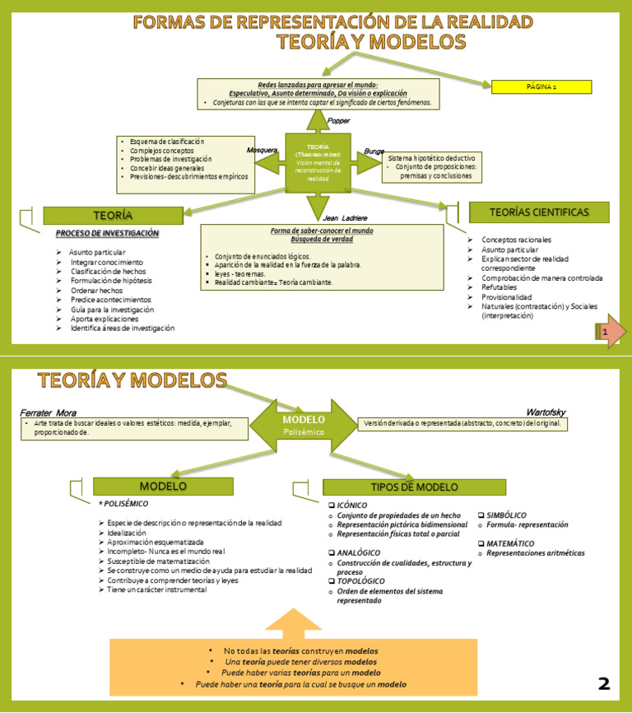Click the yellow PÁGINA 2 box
coord(541,86)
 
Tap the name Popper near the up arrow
coord(339,121)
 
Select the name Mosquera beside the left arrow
coord(262,150)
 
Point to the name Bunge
coord(374,151)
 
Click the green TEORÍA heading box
coord(113,215)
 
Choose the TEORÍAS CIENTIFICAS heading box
coord(539,212)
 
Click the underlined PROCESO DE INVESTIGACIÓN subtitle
coord(107,234)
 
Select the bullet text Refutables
coord(500,287)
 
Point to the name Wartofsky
coord(546,412)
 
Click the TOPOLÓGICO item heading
coord(356,581)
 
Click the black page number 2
coord(604,683)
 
